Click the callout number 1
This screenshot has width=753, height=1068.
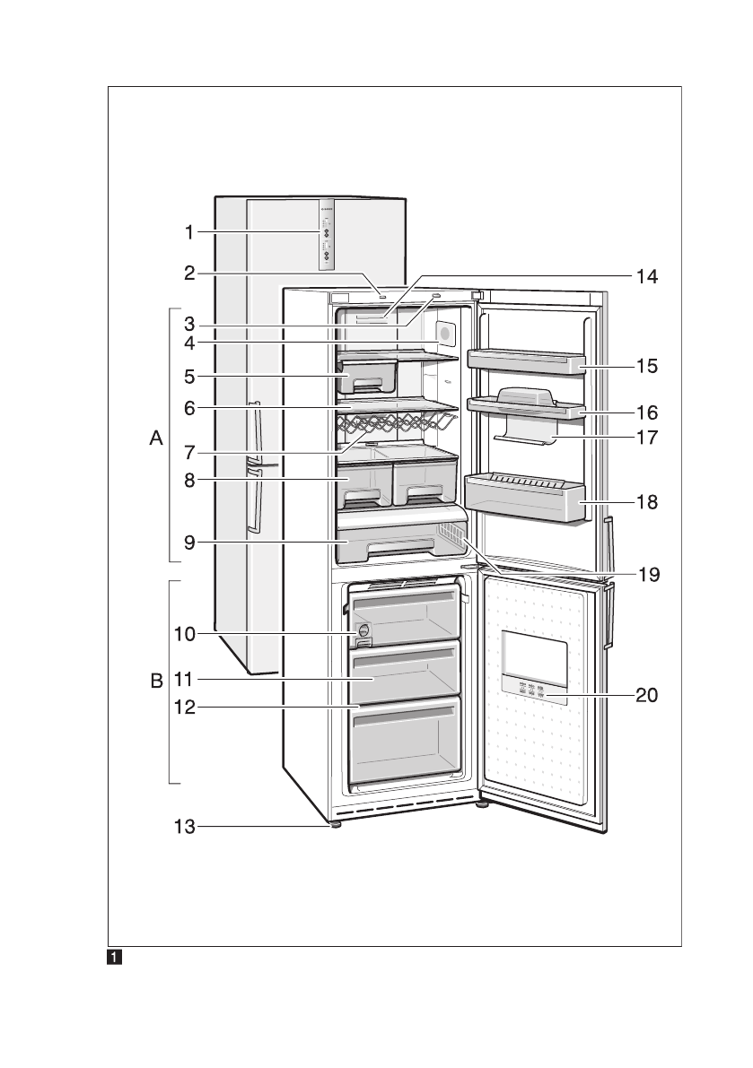click(x=189, y=232)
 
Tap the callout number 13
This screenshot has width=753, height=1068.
click(x=184, y=828)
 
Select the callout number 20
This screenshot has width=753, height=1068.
click(x=647, y=694)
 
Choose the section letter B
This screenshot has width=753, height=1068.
click(x=157, y=682)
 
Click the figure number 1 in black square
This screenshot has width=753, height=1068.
click(x=115, y=958)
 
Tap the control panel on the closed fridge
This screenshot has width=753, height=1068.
click(x=325, y=234)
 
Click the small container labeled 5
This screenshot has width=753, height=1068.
click(x=368, y=377)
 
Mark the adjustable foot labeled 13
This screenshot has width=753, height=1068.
click(x=335, y=823)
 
